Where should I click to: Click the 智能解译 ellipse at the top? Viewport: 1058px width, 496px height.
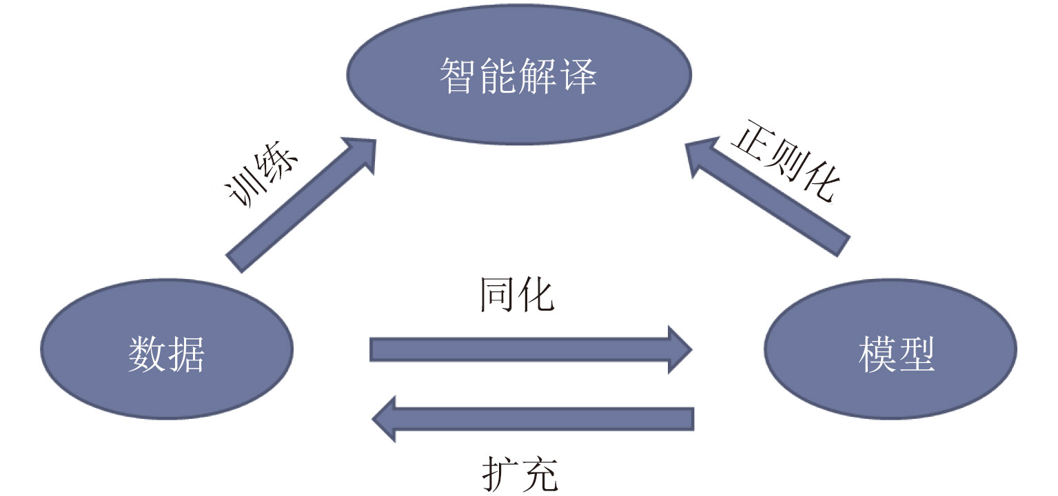pyautogui.click(x=518, y=76)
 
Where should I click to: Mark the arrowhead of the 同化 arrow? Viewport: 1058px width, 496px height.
pyautogui.click(x=677, y=349)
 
